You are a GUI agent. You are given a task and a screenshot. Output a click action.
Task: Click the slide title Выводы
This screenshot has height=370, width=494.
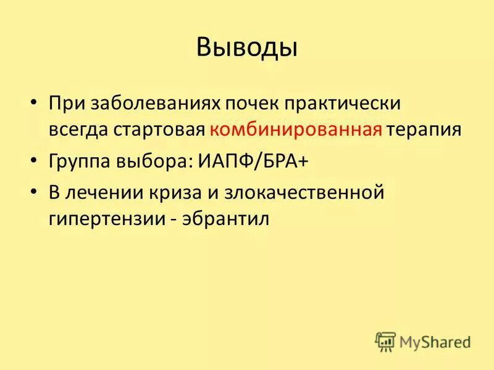(x=247, y=47)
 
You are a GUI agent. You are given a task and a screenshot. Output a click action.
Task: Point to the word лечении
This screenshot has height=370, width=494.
(x=104, y=193)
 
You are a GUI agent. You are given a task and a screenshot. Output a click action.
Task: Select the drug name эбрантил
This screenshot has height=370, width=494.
(x=226, y=220)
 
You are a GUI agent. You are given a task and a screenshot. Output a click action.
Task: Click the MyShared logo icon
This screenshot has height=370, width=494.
(x=385, y=341)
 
